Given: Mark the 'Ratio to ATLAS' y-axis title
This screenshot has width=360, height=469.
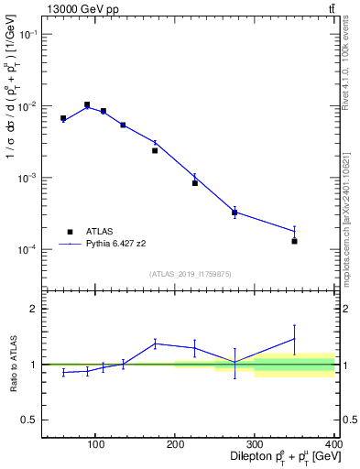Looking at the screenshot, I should tap(12, 364).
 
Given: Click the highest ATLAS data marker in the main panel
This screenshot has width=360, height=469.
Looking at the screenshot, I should tap(87, 105).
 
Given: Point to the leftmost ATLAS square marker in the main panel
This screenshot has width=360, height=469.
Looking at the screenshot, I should tap(63, 118).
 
